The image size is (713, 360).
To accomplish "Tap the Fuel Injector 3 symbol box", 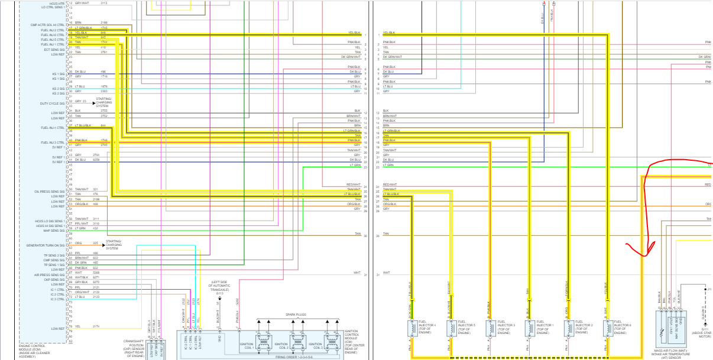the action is tap(491, 329).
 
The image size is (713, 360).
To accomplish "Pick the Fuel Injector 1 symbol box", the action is tap(529, 329).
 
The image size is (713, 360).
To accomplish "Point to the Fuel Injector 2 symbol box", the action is tap(568, 329).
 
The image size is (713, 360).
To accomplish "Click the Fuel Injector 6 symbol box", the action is tap(607, 329).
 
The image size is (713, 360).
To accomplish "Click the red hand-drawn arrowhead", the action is tap(646, 249).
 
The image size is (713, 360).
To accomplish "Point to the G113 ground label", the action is tap(219, 292).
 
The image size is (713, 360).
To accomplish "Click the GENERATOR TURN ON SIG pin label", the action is tap(46, 245).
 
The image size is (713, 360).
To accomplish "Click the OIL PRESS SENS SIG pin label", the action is tap(50, 192).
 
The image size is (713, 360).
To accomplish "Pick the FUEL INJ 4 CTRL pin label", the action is tap(53, 128).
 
